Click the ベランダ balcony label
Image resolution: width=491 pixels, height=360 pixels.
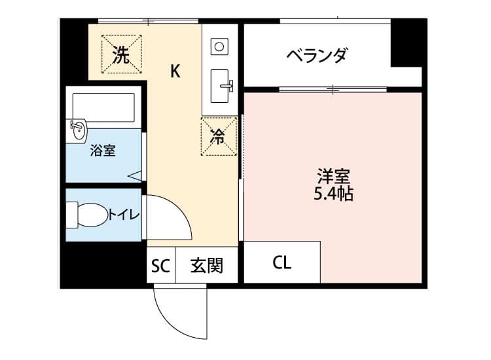(x=317, y=56)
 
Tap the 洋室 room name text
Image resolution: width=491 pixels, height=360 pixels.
(x=333, y=176)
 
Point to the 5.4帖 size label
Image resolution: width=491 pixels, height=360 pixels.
(x=333, y=194)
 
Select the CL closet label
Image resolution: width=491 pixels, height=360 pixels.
(x=282, y=262)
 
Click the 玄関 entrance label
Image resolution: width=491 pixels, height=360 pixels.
(x=207, y=266)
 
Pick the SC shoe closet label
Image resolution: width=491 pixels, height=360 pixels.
(x=160, y=266)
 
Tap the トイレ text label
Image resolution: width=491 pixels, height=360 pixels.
(x=124, y=215)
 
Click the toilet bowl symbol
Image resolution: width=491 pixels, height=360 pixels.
(x=87, y=215)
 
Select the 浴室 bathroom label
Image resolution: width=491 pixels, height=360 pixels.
(x=103, y=151)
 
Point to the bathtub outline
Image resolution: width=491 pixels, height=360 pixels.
(x=103, y=107)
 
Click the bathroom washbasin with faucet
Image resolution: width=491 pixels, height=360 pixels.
(x=78, y=130)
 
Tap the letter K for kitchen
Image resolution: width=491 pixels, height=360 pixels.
(x=175, y=71)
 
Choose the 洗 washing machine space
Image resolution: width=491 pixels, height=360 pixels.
(x=121, y=54)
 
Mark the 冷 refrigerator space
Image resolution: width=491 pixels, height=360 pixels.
(x=219, y=137)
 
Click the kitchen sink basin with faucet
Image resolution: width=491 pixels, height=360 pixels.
(x=221, y=86)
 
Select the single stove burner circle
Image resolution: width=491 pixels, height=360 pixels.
(x=219, y=46)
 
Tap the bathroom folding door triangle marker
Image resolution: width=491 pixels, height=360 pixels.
(x=136, y=175)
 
